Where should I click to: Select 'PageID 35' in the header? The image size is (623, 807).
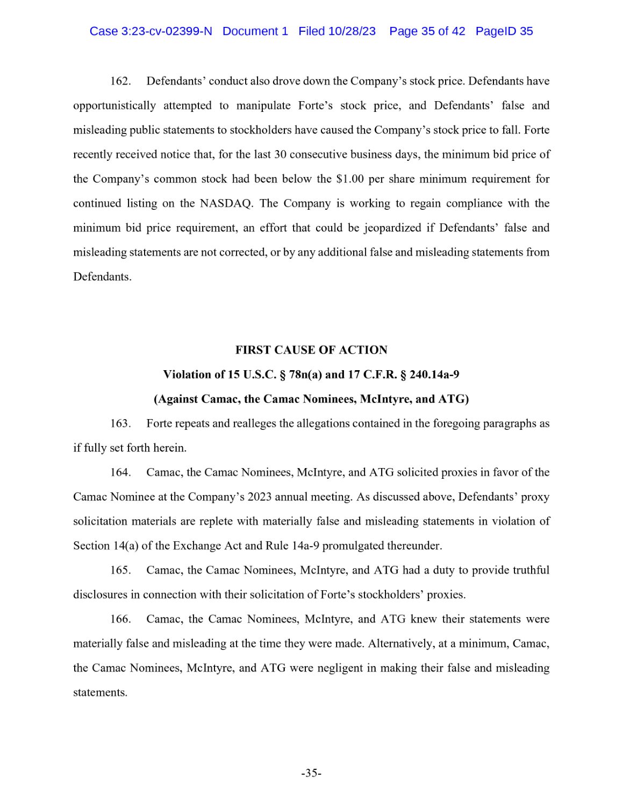(504, 31)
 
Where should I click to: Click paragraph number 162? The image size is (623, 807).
(120, 81)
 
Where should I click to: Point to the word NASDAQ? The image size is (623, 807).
(226, 203)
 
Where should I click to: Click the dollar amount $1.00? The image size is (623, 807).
(350, 179)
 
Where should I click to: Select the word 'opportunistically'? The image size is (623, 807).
(114, 105)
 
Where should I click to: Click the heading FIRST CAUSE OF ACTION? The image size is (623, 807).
(311, 350)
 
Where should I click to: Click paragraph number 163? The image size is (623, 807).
(120, 423)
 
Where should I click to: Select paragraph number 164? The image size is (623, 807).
(120, 472)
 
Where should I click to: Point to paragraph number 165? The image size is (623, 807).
(120, 570)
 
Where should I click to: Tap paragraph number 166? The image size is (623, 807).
(120, 619)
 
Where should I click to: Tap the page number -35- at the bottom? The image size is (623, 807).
(311, 774)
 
